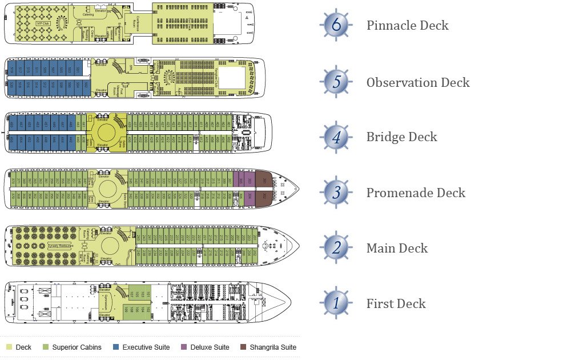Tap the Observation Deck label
418,82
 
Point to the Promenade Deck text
416,193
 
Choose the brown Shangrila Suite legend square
243,347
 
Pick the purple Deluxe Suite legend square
184,347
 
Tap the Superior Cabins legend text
77,347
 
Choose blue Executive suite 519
13,70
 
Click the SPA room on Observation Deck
131,67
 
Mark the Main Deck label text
397,249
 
